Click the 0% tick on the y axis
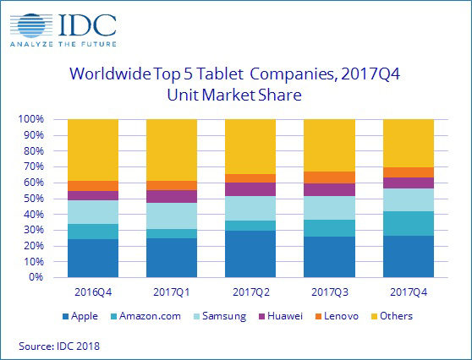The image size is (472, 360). (35, 276)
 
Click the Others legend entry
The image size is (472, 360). (402, 316)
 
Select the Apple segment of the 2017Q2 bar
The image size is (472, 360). (250, 254)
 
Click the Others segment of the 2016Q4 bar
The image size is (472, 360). (92, 150)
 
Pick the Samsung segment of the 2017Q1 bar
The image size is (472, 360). (172, 215)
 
